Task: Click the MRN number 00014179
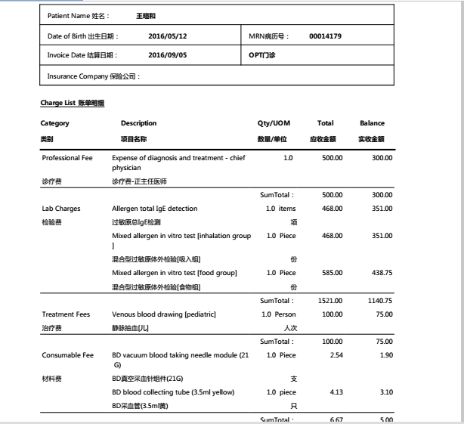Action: tap(325, 36)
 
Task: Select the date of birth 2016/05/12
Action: tap(167, 36)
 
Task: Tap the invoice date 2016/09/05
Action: tap(167, 55)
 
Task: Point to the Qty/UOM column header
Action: tap(274, 123)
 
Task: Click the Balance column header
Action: tap(372, 123)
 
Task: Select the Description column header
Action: tap(139, 123)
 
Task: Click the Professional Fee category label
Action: tap(67, 157)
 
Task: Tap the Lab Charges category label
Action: tap(60, 208)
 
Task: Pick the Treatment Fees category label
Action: tap(66, 314)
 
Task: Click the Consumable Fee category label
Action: tap(68, 354)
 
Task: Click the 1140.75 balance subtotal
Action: tap(378, 300)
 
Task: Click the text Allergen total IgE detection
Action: tap(154, 208)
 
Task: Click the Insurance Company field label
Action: tap(94, 76)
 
